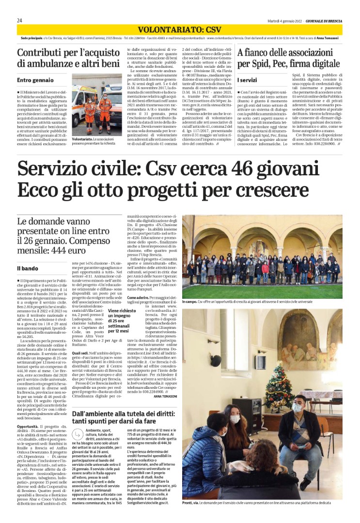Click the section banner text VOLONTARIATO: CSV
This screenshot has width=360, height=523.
tap(180, 30)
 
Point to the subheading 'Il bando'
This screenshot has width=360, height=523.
tap(28, 268)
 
